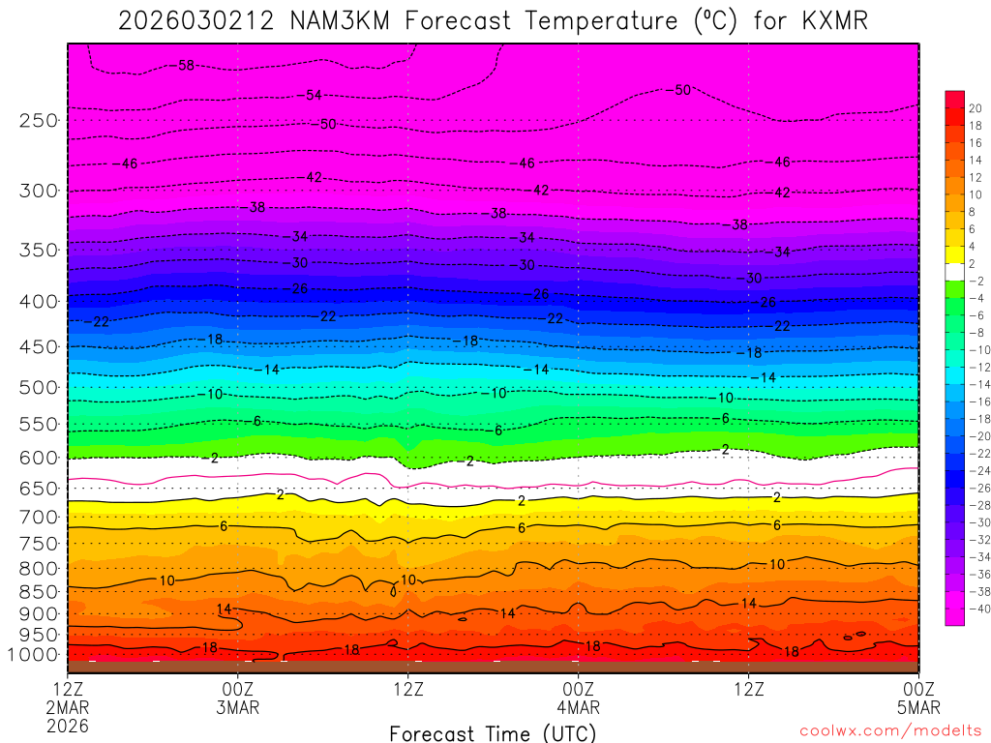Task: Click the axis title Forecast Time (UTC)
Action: pyautogui.click(x=493, y=733)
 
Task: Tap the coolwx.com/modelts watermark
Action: pyautogui.click(x=889, y=731)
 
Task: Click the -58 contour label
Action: pyautogui.click(x=185, y=66)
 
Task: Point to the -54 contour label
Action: pyautogui.click(x=312, y=95)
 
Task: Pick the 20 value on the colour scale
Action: pyautogui.click(x=976, y=108)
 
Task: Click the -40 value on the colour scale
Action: pyautogui.click(x=974, y=609)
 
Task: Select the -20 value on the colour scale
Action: pyautogui.click(x=974, y=436)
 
